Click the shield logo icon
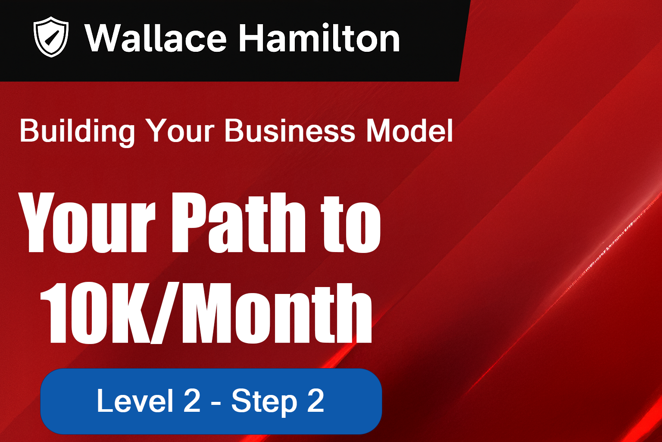click(x=51, y=37)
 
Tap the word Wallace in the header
click(x=156, y=38)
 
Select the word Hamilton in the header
click(x=319, y=38)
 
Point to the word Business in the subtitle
click(x=290, y=130)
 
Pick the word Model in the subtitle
click(x=409, y=130)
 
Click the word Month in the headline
click(x=277, y=313)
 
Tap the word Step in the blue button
click(x=264, y=402)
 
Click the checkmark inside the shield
click(x=51, y=38)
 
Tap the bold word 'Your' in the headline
click(x=87, y=223)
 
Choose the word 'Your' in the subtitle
click(x=180, y=130)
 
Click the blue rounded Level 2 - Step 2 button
click(x=211, y=401)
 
